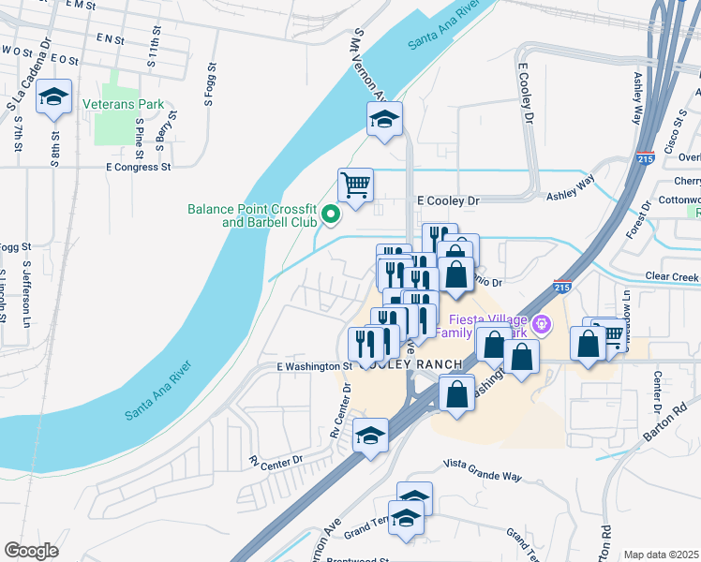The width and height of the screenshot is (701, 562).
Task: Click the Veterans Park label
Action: (123, 104)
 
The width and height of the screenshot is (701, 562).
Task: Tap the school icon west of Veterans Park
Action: (54, 97)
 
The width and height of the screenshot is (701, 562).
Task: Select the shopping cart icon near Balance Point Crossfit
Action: (356, 185)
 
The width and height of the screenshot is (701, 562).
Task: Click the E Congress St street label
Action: (139, 168)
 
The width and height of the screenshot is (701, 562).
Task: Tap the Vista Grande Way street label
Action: (482, 476)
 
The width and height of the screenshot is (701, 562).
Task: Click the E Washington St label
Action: (313, 367)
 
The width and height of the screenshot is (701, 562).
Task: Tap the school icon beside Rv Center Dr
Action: (370, 436)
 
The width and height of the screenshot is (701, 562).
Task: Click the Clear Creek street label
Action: (672, 277)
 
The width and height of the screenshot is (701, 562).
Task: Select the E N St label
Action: (110, 39)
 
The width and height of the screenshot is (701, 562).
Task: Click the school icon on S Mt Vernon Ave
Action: (384, 119)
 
